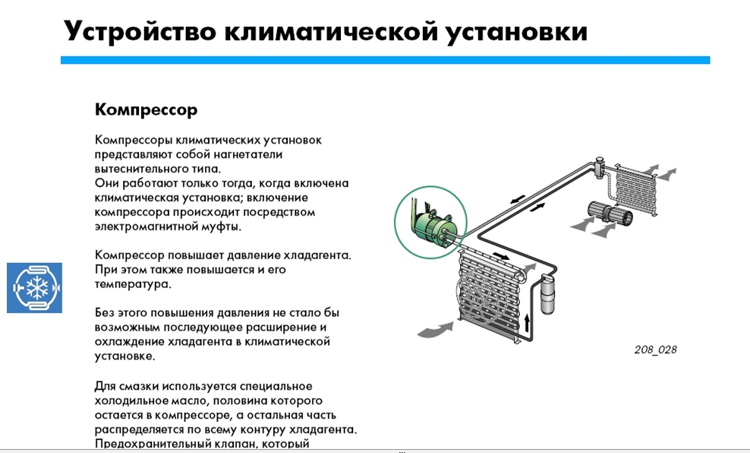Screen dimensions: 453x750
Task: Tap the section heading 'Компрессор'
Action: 146,109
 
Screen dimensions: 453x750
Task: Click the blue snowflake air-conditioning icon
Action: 35,287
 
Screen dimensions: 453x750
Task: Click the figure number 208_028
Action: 655,350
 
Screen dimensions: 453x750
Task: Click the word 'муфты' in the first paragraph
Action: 222,226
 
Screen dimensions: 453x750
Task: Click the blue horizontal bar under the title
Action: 385,60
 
